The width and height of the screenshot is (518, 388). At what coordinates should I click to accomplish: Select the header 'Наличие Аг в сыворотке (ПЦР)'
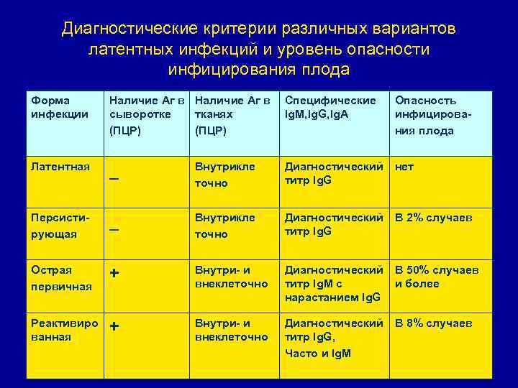[147, 115]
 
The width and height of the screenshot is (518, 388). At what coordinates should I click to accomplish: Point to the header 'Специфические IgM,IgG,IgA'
[330, 107]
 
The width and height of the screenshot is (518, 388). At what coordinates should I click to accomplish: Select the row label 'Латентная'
[61, 167]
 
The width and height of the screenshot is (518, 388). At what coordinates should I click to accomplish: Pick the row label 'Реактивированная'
[65, 330]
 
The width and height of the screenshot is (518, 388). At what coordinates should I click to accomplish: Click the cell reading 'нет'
[404, 167]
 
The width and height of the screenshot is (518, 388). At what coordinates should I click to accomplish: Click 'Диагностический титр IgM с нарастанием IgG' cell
[334, 284]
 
